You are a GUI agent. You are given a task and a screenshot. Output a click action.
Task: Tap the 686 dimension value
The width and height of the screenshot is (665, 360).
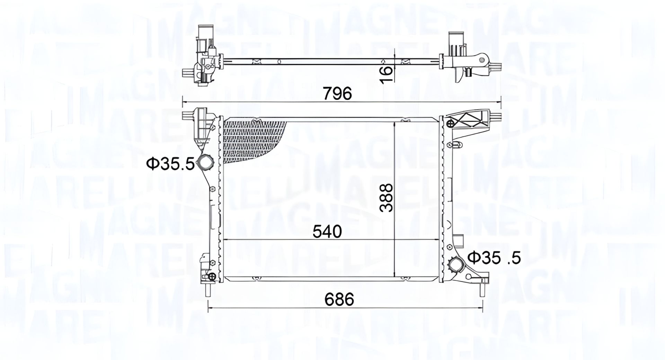pos(339,299)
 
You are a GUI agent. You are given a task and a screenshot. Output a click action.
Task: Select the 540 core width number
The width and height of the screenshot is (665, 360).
pos(327,232)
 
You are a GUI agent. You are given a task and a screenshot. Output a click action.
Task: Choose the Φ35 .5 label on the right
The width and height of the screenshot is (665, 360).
pos(494,258)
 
